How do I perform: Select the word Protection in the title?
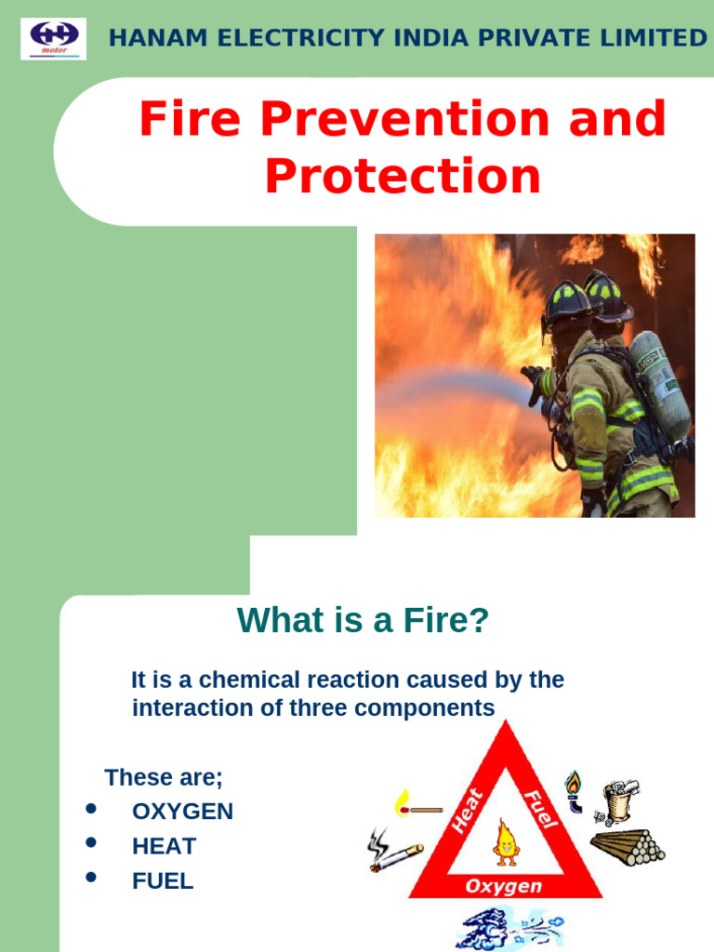tap(403, 177)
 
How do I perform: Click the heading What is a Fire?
tap(363, 620)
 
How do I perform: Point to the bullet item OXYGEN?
tap(182, 812)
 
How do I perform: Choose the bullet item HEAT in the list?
tap(164, 846)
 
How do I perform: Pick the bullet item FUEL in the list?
tap(163, 880)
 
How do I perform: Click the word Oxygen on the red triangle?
tap(503, 886)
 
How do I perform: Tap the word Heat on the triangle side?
tap(468, 811)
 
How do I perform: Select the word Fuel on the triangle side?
tap(541, 809)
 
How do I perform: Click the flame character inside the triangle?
tap(506, 841)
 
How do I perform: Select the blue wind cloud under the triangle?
tap(507, 928)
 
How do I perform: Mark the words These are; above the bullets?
tap(164, 777)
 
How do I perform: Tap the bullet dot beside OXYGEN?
tap(91, 809)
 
